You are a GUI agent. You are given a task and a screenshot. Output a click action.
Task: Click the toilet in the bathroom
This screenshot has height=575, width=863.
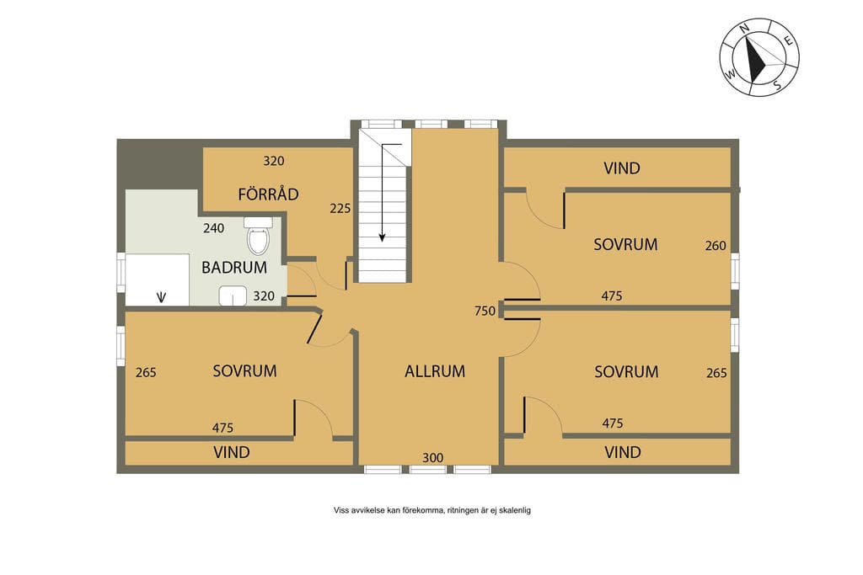pyautogui.click(x=258, y=235)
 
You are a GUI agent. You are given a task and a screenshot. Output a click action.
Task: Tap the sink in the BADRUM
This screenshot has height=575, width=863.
pyautogui.click(x=233, y=295)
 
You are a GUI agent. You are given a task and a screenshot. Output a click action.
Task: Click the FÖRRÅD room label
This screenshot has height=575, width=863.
pyautogui.click(x=269, y=194)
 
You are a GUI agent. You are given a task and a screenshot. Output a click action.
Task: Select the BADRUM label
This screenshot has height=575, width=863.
pyautogui.click(x=234, y=268)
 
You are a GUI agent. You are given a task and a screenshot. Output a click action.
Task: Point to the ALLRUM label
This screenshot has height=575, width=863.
pyautogui.click(x=435, y=371)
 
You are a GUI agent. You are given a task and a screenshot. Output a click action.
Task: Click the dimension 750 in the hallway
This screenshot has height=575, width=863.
pyautogui.click(x=485, y=311)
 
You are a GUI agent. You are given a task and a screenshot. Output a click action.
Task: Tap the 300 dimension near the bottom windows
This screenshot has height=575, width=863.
pyautogui.click(x=433, y=458)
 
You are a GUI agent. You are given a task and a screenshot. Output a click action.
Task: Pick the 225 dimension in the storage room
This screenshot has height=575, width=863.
pyautogui.click(x=340, y=209)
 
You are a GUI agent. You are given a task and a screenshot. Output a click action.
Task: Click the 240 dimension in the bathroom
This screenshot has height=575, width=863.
pyautogui.click(x=213, y=228)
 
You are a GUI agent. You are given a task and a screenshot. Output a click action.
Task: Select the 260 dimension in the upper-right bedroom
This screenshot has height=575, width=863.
pyautogui.click(x=716, y=246)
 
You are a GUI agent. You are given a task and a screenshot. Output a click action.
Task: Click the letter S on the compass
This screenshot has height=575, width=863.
pyautogui.click(x=777, y=85)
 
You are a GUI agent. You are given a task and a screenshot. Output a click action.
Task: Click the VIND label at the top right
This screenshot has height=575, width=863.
pyautogui.click(x=622, y=168)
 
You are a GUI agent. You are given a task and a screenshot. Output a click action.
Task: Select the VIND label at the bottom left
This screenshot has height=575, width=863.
pyautogui.click(x=232, y=452)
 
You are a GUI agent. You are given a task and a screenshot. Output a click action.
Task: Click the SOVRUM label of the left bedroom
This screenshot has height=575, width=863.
pyautogui.click(x=245, y=371)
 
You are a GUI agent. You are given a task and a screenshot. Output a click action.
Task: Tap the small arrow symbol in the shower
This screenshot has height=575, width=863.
pyautogui.click(x=161, y=297)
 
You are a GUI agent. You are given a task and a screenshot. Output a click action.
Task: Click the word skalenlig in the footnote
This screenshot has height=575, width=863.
pyautogui.click(x=515, y=510)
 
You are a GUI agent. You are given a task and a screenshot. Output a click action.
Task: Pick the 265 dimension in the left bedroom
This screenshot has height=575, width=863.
pyautogui.click(x=146, y=373)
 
